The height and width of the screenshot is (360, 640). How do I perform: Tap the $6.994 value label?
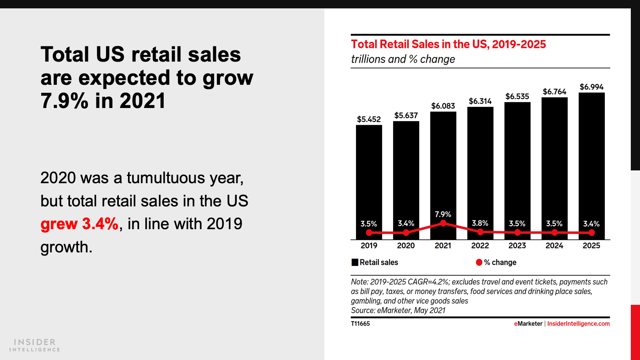pos(591,87)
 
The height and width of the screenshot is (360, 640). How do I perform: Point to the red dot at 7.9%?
pos(443,223)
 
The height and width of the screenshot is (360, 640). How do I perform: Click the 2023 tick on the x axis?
pos(517,246)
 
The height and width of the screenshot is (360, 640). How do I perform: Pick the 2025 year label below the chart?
pos(591,246)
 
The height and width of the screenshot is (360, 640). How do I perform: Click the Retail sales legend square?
pos(355,262)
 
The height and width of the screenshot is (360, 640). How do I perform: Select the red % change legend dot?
pos(479,262)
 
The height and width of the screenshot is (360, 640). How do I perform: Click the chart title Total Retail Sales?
pos(448,44)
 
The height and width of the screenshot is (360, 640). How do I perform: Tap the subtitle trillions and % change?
pos(403,59)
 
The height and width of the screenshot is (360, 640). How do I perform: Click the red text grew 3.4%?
pos(80,224)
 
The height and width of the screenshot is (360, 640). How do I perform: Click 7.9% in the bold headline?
pos(64,101)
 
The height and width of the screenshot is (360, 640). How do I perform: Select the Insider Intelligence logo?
pos(35,345)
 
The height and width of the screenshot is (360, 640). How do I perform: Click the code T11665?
pos(360,324)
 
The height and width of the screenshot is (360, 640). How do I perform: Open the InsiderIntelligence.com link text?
pos(578,324)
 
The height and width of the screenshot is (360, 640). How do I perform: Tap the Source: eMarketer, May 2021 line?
pos(398,310)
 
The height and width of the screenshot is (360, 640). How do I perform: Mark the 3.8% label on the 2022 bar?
pos(480,223)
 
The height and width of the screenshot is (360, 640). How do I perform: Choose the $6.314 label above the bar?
pos(480,101)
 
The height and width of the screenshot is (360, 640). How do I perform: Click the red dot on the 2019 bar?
pos(369,232)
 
